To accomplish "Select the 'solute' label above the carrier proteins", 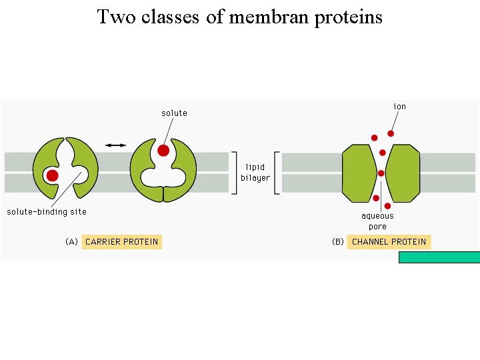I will coord(174,113).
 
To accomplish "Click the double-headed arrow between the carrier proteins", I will coord(115,145).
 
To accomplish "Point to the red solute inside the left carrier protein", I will coord(52,175).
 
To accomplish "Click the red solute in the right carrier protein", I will coord(163,151).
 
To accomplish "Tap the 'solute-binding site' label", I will coord(47,212).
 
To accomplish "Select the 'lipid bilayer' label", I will coord(255,172).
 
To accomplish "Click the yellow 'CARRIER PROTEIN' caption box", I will coord(122,241).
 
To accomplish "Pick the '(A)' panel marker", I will coord(71,241).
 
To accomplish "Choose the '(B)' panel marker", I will coord(338,241).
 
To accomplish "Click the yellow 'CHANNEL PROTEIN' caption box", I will coord(389,241).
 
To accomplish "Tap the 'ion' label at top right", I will coord(399,107).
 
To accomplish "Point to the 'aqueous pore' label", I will coord(377,221).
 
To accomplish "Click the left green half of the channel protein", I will coord(359,173).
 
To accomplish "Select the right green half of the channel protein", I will coord(403,173).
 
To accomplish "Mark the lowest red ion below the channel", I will coord(387,206).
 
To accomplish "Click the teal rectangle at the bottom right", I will coord(439,257).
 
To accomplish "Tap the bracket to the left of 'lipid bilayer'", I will coord(233,173).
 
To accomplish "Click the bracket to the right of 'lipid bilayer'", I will coord(277,173).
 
